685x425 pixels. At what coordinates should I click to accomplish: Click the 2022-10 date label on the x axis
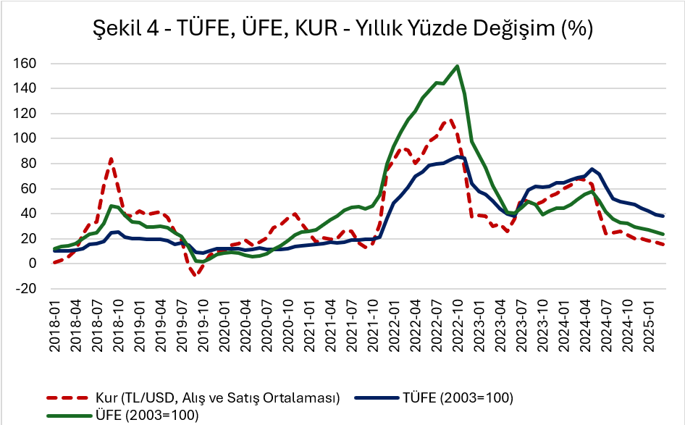click(x=458, y=327)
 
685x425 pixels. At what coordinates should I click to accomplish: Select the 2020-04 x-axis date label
click(x=246, y=327)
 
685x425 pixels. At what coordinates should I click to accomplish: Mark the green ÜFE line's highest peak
click(x=458, y=66)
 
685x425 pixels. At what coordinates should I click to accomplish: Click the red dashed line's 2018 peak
click(x=112, y=159)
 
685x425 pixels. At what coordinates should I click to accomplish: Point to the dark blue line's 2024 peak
click(x=592, y=169)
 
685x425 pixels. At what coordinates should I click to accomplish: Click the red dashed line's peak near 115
click(x=450, y=119)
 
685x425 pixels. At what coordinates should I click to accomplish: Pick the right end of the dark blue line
click(x=663, y=216)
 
